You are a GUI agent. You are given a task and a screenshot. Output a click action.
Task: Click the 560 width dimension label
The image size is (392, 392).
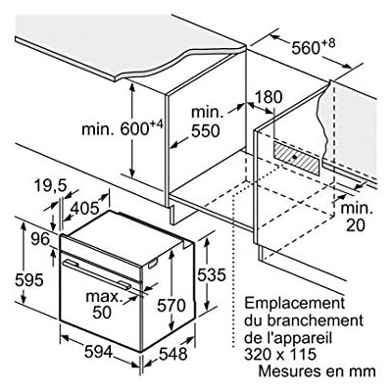point(314,46)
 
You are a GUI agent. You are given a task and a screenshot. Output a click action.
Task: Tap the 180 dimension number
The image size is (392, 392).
point(268,97)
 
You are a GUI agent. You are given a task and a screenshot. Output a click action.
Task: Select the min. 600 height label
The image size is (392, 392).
point(122,127)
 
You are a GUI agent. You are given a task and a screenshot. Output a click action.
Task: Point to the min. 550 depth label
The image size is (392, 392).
point(207,122)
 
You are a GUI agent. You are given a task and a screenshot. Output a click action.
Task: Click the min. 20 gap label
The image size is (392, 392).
point(357,217)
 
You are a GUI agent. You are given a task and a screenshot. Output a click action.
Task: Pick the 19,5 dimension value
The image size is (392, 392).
point(50,186)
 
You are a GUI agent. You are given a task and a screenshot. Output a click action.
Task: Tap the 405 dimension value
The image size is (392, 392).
point(84,208)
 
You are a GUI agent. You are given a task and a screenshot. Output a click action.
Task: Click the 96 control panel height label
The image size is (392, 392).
point(40,240)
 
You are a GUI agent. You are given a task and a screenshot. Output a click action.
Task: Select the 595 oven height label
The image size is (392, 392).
point(29,280)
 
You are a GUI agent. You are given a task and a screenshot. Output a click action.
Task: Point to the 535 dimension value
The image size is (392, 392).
point(212,274)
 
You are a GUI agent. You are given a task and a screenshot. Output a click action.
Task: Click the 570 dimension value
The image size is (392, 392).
point(171,306)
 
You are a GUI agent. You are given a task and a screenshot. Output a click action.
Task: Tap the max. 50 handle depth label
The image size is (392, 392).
point(103,305)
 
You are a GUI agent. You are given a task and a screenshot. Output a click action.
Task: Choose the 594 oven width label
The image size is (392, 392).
point(98,352)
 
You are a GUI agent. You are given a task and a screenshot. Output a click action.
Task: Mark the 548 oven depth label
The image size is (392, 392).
point(173,354)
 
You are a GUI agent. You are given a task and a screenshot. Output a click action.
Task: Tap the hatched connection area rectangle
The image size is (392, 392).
point(296,158)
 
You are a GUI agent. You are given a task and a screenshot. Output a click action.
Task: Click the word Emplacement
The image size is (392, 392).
point(295,304)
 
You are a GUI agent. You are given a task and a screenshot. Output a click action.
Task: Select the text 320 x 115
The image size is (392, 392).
point(280,355)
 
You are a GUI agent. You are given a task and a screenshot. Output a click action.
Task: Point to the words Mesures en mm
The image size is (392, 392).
point(317,371)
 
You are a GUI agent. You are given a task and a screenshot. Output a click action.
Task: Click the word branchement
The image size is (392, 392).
point(315,320)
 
